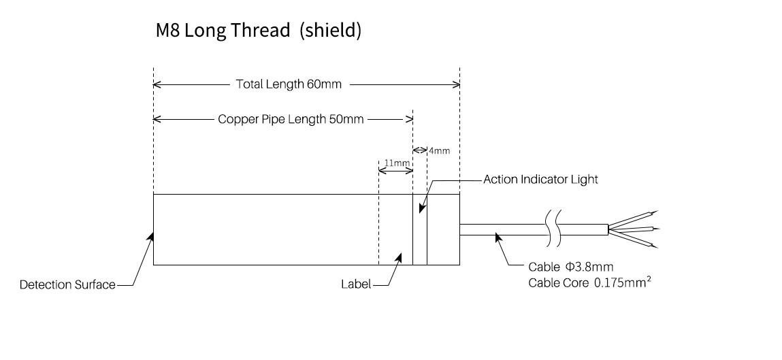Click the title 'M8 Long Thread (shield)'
258,31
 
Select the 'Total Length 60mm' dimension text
289,85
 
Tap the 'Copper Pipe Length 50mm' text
291,119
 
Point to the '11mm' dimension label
396,163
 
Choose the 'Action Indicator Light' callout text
540,180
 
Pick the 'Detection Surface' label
67,284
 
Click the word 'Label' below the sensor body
355,284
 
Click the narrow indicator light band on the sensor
420,230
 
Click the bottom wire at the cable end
636,240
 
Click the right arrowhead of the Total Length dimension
457,85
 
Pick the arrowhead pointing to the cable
498,236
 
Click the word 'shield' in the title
330,31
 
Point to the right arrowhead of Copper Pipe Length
410,119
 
